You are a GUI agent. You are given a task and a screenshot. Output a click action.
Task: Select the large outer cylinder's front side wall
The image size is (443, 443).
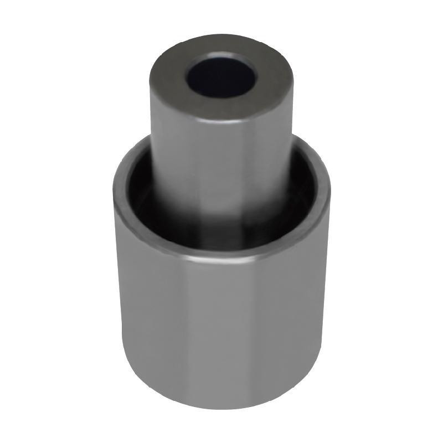pos(221,332)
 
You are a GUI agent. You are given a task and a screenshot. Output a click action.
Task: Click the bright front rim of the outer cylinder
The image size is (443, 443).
pos(221,256)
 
